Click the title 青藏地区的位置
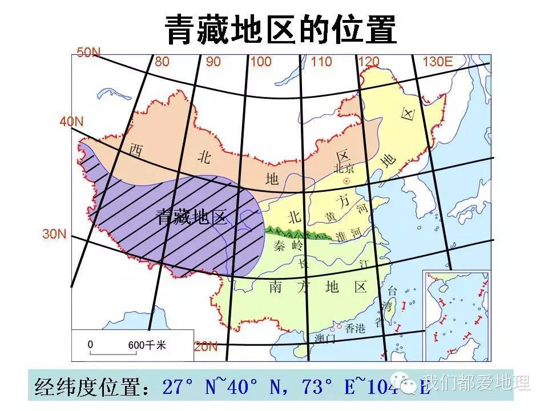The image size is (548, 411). [280, 29]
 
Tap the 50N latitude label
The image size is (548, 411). [88, 53]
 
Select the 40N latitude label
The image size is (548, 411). [72, 122]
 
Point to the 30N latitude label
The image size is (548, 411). [54, 234]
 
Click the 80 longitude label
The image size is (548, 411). [162, 62]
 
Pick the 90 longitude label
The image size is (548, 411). [213, 62]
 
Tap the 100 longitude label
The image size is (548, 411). [261, 62]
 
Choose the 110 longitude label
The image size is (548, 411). [321, 62]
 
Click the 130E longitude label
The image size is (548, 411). [437, 62]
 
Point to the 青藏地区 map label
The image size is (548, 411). [192, 216]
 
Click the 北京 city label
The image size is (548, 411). [345, 168]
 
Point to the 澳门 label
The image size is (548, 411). [325, 339]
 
